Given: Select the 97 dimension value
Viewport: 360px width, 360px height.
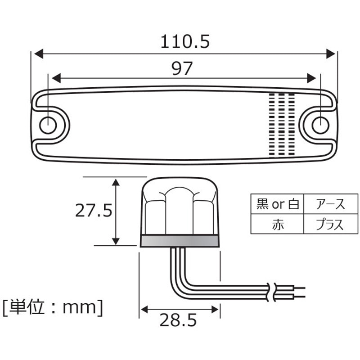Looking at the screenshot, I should coord(182,68).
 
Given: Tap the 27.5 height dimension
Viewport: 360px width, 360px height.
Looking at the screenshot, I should coord(93,210).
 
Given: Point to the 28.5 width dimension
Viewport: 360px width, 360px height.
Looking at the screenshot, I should coord(178,320).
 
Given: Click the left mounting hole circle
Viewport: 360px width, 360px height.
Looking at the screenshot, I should coord(48,125).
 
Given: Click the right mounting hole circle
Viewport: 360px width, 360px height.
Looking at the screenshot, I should coord(320,125).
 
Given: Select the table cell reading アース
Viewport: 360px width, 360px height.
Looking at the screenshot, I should coord(330,204).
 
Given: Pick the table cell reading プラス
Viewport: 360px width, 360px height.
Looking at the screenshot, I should coord(330,224).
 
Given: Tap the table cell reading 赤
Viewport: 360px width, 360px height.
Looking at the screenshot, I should coord(277,224).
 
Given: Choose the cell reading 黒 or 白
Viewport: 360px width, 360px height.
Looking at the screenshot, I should coord(277,204).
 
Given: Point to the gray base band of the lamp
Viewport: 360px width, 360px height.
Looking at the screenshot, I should coord(180,241).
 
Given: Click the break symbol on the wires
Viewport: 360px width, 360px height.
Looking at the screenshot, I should coord(271,292).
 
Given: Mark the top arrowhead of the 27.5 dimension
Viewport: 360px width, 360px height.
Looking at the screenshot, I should coord(116,182).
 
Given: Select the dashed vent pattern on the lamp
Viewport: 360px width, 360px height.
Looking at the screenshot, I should coord(281,124).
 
